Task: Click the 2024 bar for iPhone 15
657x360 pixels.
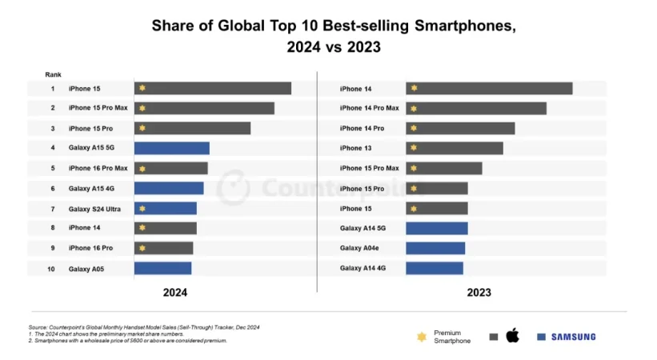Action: point(212,89)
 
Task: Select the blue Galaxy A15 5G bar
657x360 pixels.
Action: point(171,148)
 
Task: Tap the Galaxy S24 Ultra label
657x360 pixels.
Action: point(94,209)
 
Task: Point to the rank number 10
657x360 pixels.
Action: point(52,269)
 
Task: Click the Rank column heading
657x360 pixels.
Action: point(53,74)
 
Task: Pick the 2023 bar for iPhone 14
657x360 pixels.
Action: point(489,89)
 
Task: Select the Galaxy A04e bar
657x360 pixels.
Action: point(435,248)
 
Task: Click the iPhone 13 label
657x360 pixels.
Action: point(356,148)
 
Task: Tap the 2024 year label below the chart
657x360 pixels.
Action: point(175,293)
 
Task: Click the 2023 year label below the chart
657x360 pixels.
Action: point(479,293)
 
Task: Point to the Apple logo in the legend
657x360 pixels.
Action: point(512,336)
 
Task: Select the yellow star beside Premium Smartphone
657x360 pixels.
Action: point(422,337)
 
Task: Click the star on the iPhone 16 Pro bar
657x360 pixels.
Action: point(142,248)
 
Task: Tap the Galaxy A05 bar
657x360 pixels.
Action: point(162,269)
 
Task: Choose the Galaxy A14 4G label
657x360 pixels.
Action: point(363,269)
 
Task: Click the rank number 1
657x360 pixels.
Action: point(53,89)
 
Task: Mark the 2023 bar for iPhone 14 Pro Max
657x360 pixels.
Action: point(476,109)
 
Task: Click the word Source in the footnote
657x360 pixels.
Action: point(38,327)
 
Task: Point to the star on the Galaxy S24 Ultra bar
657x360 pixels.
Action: point(142,209)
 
